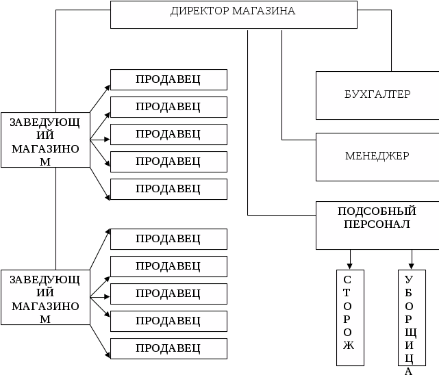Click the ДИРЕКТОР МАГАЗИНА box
(233, 15)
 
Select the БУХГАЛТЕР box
(377, 94)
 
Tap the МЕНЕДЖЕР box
(377, 156)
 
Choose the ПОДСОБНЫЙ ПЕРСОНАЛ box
(377, 224)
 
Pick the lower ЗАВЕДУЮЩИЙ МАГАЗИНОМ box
(45, 298)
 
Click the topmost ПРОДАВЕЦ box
(168, 79)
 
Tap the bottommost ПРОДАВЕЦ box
(168, 348)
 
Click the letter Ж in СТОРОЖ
(347, 345)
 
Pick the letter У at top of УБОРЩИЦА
(409, 280)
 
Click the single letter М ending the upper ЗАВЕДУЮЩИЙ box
(45, 161)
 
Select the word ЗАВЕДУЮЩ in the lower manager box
(45, 279)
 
